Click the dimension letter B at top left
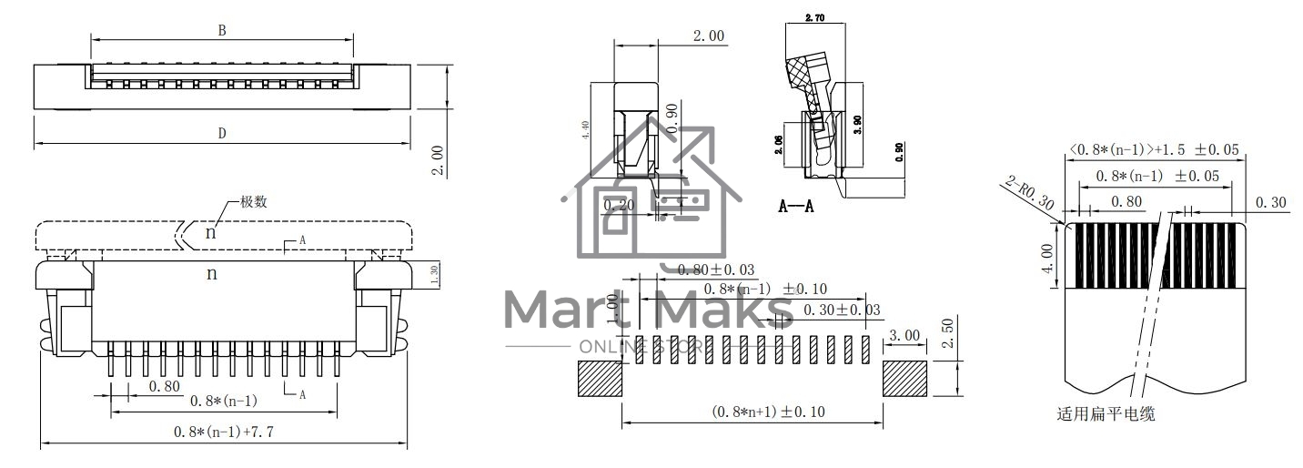tap(222, 30)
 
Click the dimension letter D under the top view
tap(222, 134)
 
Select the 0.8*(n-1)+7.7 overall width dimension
tap(223, 432)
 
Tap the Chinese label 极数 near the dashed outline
tap(253, 202)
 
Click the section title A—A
tap(795, 207)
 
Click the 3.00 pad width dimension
tap(904, 335)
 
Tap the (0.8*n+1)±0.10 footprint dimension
tap(768, 412)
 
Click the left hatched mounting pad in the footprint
tap(600, 378)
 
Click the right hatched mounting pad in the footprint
tap(904, 378)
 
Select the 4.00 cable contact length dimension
tap(1047, 258)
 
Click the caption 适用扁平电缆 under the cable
tap(1106, 414)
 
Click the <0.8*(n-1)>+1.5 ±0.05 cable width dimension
tap(1154, 150)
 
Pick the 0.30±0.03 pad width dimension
tap(842, 310)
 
